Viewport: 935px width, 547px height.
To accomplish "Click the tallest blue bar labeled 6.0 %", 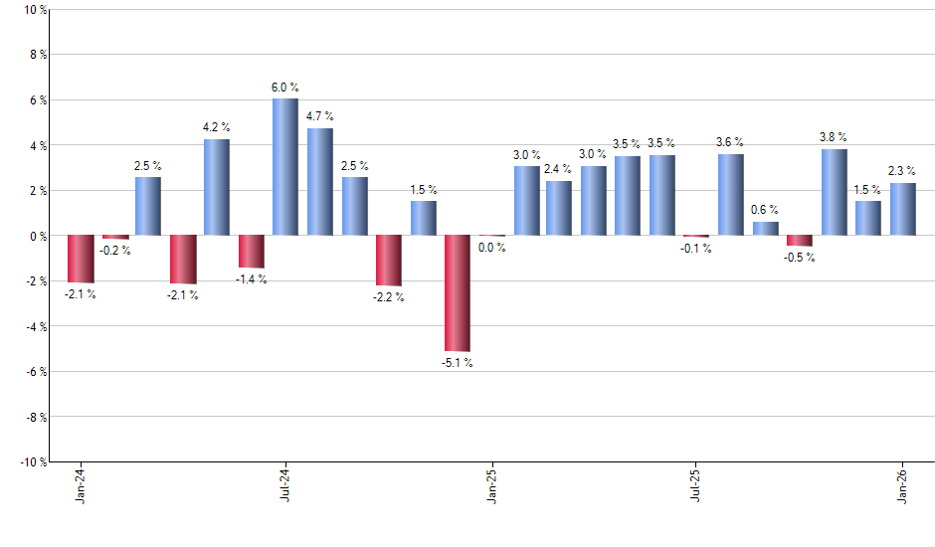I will click(x=285, y=167).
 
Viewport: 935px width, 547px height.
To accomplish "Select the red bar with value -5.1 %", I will click(x=458, y=293).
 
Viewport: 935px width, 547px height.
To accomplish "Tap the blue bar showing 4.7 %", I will click(x=320, y=182).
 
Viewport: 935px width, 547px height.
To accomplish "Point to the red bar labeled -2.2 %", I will click(x=389, y=261).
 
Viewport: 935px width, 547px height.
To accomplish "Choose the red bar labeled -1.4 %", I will click(x=252, y=252).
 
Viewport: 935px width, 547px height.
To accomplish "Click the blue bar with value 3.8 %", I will click(x=835, y=192).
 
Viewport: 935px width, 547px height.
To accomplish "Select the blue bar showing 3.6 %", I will click(x=731, y=195).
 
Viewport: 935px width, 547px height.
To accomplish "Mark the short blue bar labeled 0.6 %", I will click(x=766, y=229).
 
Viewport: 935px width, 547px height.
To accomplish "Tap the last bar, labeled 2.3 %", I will click(x=903, y=209).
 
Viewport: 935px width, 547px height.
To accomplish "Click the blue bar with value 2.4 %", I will click(x=559, y=208).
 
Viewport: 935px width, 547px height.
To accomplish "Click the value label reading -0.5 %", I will click(x=800, y=258).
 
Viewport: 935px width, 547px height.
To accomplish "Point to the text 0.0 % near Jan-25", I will click(x=492, y=248).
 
